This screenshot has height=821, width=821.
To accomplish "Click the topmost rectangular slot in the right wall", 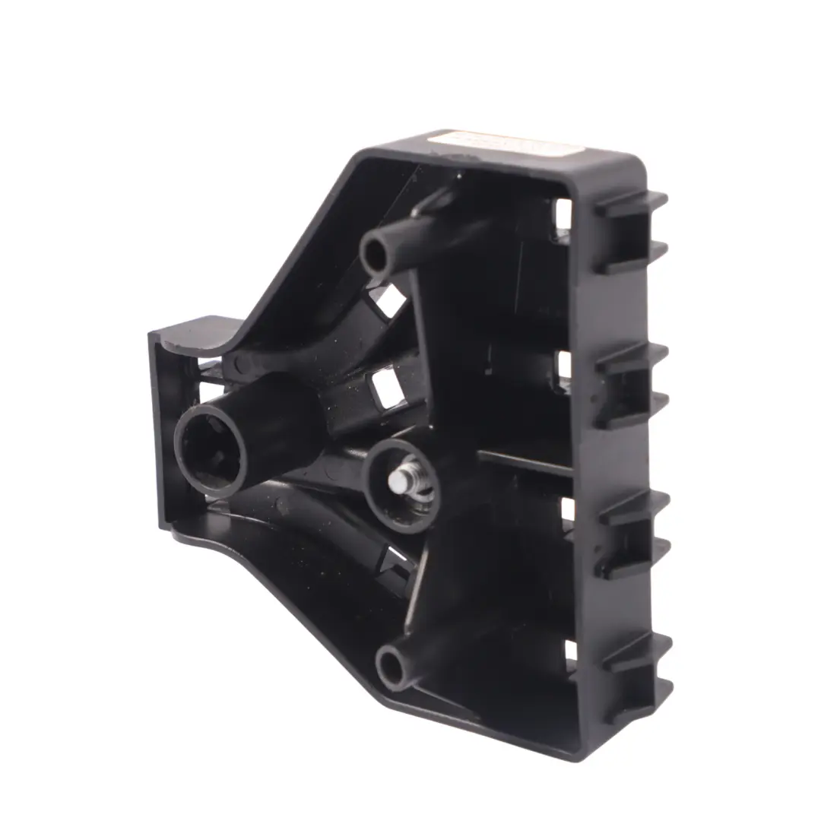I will [563, 214].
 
